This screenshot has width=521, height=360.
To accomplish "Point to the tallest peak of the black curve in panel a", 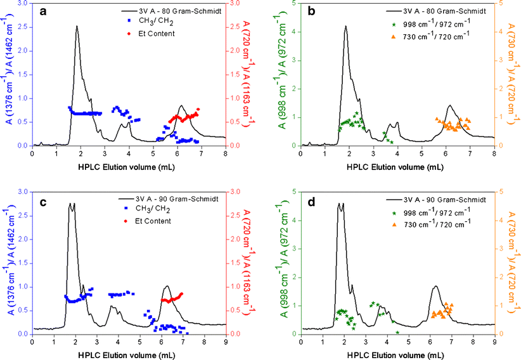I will click(77, 27).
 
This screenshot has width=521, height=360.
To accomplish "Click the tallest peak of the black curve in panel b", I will click(345, 27).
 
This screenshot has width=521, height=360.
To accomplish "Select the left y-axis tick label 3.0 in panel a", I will click(23, 4).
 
